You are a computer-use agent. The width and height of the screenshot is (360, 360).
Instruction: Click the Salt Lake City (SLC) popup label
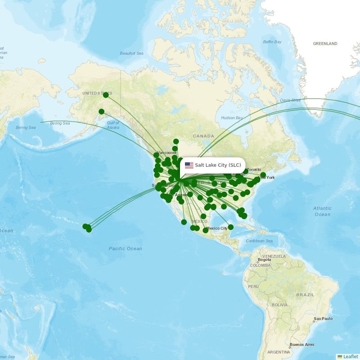(218, 165)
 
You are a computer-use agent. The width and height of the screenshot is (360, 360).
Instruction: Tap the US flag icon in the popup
(189, 165)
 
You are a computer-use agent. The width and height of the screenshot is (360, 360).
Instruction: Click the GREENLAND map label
(325, 44)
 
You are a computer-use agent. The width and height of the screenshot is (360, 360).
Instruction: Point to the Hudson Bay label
(232, 118)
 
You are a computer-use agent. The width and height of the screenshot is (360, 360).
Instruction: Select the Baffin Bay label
(272, 42)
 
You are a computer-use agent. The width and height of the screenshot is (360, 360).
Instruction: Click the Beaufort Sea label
(131, 54)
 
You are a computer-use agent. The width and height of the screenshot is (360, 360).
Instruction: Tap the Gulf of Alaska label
(113, 125)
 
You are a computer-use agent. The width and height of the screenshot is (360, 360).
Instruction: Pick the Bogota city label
(264, 260)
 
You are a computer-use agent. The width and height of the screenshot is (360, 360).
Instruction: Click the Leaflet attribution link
(348, 356)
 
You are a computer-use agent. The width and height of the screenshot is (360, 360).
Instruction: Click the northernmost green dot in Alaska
(106, 95)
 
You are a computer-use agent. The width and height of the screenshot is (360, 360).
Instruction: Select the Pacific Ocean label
(125, 248)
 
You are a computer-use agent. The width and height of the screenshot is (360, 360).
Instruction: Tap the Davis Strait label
(290, 100)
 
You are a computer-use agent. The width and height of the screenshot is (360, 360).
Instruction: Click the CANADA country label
(203, 136)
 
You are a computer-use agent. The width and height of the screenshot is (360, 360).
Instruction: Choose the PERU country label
(253, 286)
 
